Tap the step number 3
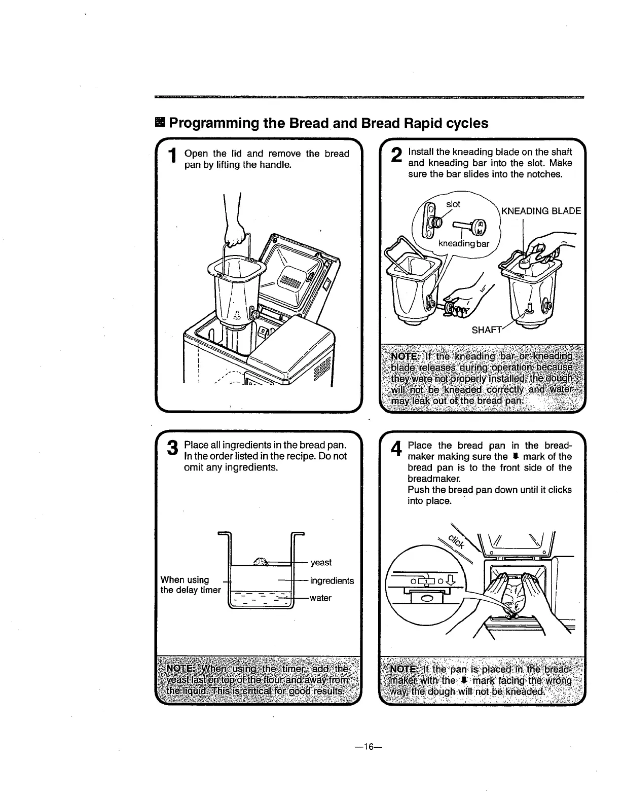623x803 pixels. click(x=173, y=448)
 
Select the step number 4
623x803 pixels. click(x=397, y=448)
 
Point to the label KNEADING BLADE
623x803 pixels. click(x=540, y=211)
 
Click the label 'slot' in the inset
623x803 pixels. click(x=453, y=204)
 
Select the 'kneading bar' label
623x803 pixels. click(x=463, y=243)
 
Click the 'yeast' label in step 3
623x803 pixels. click(x=321, y=562)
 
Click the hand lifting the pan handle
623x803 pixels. click(x=236, y=234)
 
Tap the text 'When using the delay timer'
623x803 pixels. click(x=190, y=585)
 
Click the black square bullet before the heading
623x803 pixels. click(x=160, y=123)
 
